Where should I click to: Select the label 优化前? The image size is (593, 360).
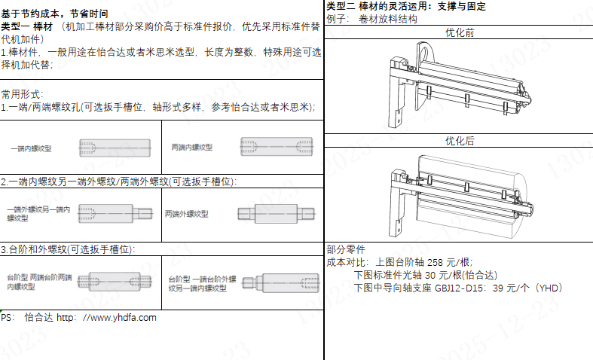coord(459,33)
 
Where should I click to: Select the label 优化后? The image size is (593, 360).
coord(459,141)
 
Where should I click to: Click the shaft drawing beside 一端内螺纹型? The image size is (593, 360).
coord(114,148)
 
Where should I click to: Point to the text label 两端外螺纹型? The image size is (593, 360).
coord(186,214)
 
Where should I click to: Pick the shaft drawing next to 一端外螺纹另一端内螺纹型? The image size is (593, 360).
coord(115,212)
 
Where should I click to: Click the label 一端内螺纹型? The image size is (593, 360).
coord(32,149)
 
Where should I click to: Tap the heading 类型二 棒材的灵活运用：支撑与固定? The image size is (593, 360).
coord(406,6)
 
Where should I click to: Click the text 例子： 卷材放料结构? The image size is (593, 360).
coord(372,19)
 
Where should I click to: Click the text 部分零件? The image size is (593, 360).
coord(346,250)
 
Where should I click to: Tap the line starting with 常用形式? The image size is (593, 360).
coord(21,94)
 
